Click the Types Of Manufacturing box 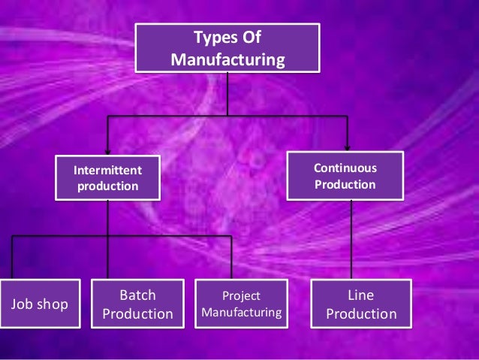pyautogui.click(x=227, y=47)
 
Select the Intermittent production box pyautogui.click(x=107, y=177)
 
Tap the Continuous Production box pyautogui.click(x=345, y=176)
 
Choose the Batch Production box pyautogui.click(x=137, y=304)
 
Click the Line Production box pyautogui.click(x=360, y=304)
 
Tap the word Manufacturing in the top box pyautogui.click(x=227, y=58)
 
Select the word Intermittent pyautogui.click(x=107, y=170)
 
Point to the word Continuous pyautogui.click(x=345, y=168)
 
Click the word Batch pyautogui.click(x=137, y=295)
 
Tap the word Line pyautogui.click(x=360, y=295)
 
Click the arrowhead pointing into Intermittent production pyautogui.click(x=107, y=149)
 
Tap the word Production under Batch pyautogui.click(x=137, y=313)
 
